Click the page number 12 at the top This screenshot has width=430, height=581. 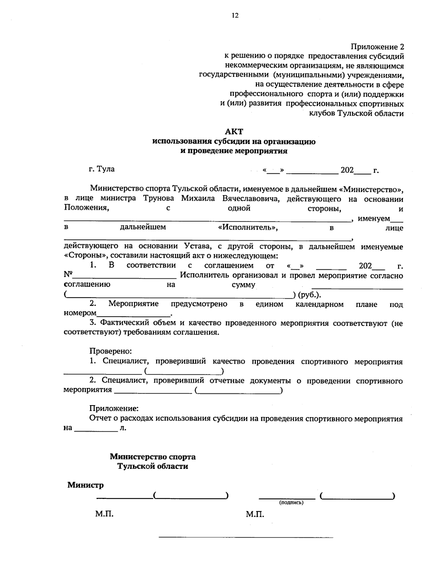(x=235, y=15)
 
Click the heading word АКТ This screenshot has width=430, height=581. (x=234, y=132)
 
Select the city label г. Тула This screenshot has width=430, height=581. (x=102, y=169)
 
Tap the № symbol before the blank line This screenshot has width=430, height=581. (x=68, y=275)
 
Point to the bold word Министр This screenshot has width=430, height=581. (x=85, y=485)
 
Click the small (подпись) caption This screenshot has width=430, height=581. (x=291, y=503)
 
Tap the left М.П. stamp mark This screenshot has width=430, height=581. (x=104, y=514)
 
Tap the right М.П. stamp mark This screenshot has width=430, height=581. (x=255, y=515)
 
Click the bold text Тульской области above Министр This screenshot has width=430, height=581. (x=153, y=466)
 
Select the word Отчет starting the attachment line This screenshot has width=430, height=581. (x=100, y=418)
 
